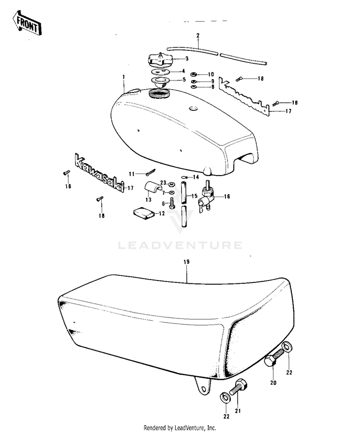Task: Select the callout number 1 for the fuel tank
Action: pos(123,77)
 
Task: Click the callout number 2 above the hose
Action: pos(198,36)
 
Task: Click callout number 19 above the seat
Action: pos(187,261)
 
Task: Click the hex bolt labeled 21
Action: pos(239,387)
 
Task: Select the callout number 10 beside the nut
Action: pos(211,74)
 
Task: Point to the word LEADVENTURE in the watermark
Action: pos(180,246)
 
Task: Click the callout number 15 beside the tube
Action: pos(194,196)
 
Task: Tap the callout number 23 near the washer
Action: pos(163,183)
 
